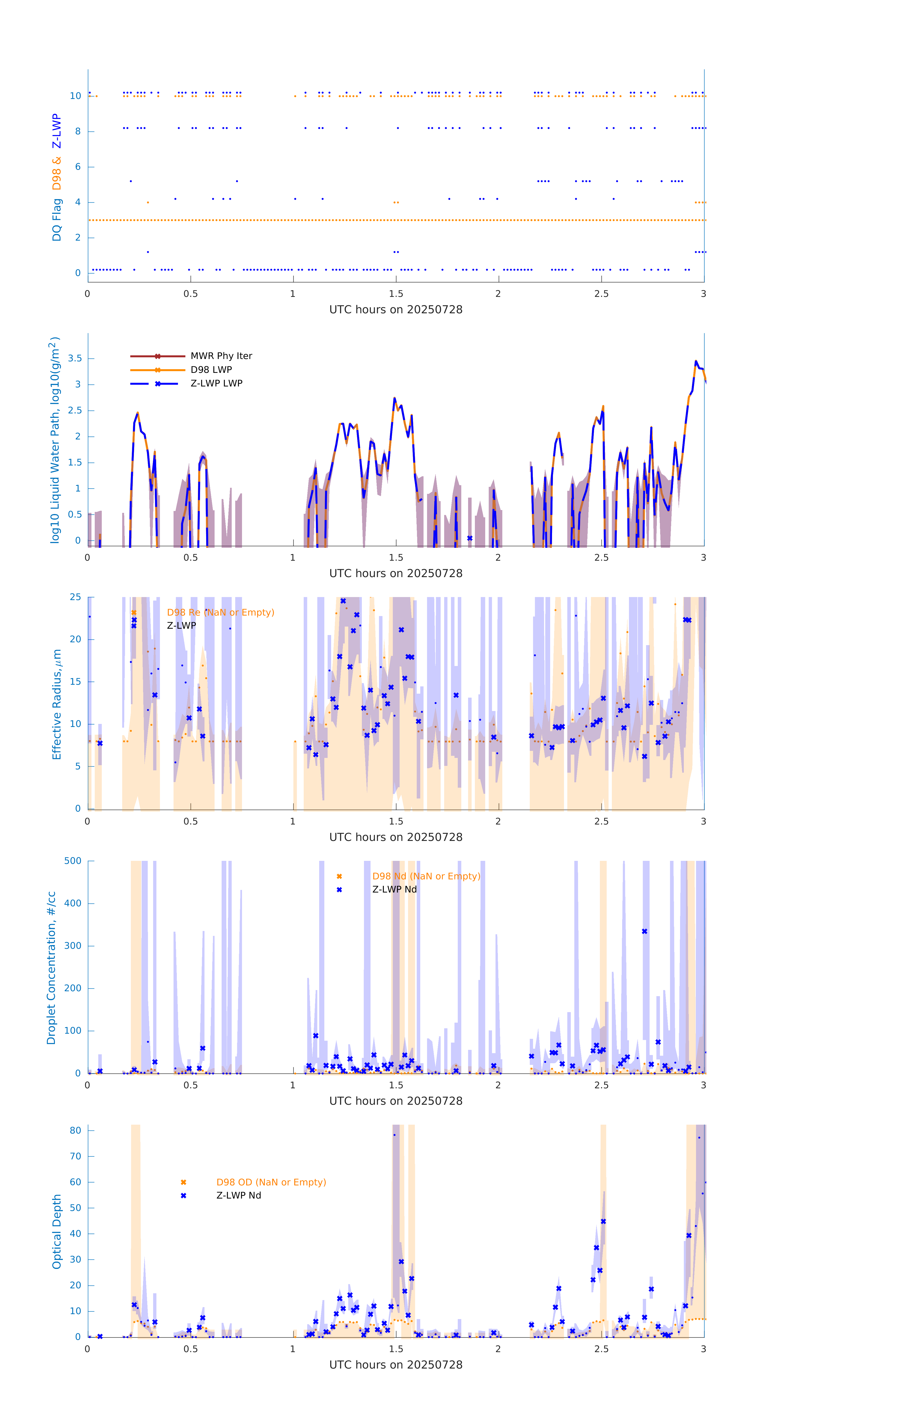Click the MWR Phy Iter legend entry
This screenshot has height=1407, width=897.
[221, 356]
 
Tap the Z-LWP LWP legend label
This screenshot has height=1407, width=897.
[216, 383]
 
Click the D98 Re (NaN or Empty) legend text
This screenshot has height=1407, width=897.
[220, 612]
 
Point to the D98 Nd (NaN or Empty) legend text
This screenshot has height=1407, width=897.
[426, 877]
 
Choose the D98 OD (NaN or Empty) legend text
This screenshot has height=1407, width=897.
[271, 1182]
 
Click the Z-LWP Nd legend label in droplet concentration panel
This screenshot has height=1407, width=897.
[394, 889]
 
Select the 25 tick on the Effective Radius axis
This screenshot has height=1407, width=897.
[75, 597]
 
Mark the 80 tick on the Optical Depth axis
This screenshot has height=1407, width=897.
[75, 1131]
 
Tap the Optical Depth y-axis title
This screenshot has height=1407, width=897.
[57, 1232]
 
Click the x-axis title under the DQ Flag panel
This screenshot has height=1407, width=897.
[396, 310]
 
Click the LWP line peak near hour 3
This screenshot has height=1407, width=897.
[696, 362]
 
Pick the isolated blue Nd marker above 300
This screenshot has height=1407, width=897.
[645, 931]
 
